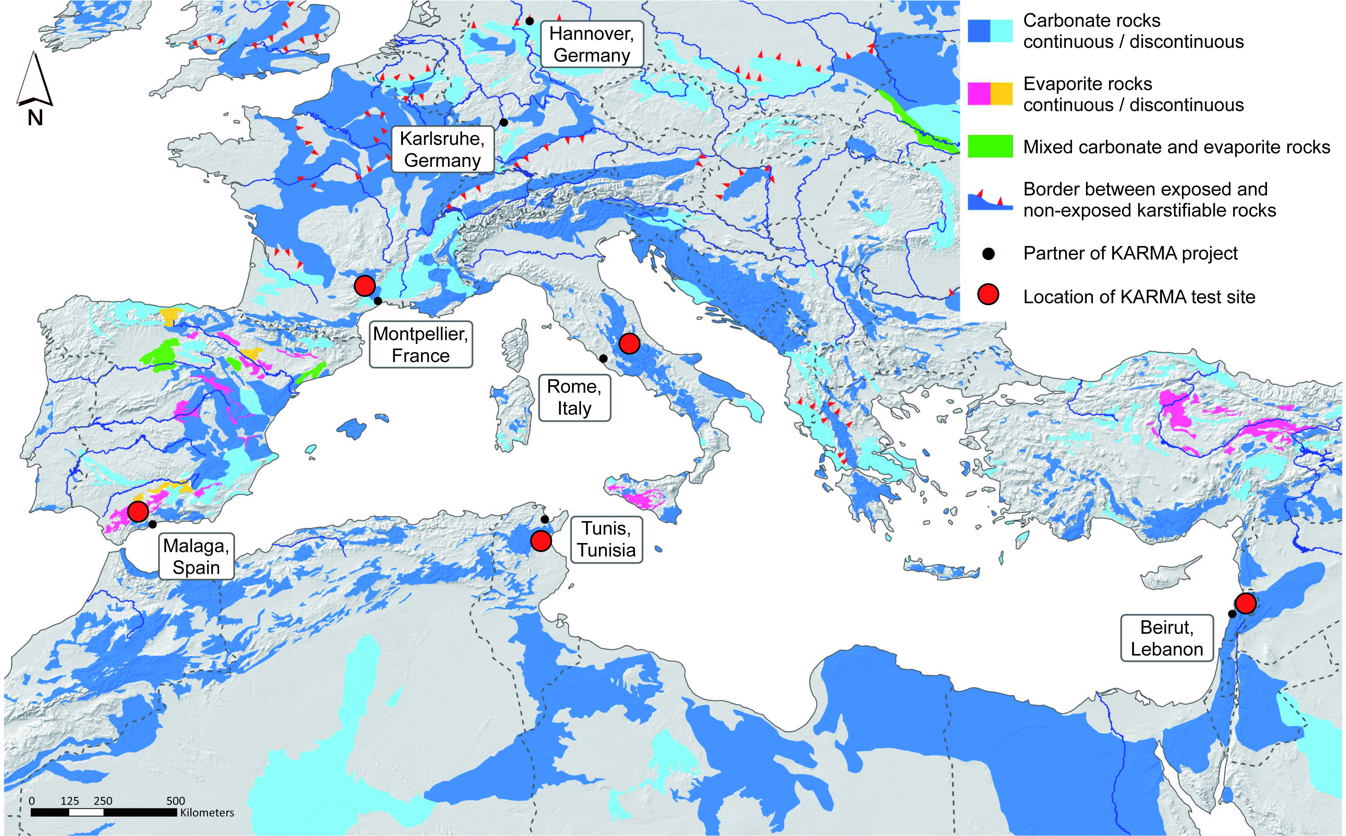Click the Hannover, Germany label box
pyautogui.click(x=592, y=44)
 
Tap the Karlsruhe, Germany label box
pyautogui.click(x=442, y=149)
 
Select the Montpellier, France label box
pyautogui.click(x=421, y=344)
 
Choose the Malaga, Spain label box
pyautogui.click(x=196, y=556)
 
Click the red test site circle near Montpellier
pyautogui.click(x=365, y=286)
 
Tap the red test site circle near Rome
pyautogui.click(x=629, y=343)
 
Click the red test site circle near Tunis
pyautogui.click(x=541, y=540)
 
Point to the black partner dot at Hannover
pyautogui.click(x=529, y=21)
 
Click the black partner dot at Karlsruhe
pyautogui.click(x=504, y=122)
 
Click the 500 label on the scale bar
pyautogui.click(x=176, y=801)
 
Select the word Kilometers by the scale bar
pyautogui.click(x=207, y=813)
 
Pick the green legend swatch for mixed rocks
pyautogui.click(x=990, y=146)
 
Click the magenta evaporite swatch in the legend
pyautogui.click(x=979, y=93)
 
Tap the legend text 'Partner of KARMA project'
pyautogui.click(x=1130, y=253)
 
